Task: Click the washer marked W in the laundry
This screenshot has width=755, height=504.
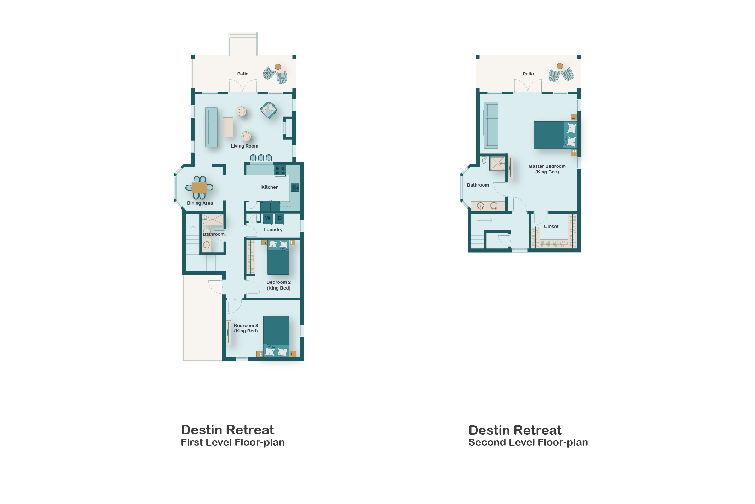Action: point(268,218)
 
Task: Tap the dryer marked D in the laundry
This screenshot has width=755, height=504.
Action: point(279,218)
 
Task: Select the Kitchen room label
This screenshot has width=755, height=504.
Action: point(270,187)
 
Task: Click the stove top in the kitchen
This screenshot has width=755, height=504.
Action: point(280,171)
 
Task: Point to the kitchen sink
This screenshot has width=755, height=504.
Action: point(295,188)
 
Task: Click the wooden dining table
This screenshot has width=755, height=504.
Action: point(199,188)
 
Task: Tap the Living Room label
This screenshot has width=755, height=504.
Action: point(244,146)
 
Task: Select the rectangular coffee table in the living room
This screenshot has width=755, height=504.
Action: point(228,127)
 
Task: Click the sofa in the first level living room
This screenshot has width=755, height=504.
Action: point(212,127)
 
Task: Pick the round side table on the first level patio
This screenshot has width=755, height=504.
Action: point(278,67)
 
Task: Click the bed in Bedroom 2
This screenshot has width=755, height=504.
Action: point(278,257)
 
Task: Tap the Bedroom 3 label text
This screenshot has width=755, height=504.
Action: point(246,326)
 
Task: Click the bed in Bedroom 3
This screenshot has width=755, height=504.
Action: point(276,337)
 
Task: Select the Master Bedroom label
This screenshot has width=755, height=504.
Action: point(547,166)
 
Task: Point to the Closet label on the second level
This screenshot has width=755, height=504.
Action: point(551,227)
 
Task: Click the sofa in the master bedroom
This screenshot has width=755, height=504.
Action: point(491,125)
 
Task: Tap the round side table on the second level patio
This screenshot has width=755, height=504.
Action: point(560,66)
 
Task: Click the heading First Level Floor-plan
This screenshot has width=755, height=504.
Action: point(233,442)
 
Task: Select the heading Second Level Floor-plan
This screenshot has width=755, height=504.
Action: point(528,442)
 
